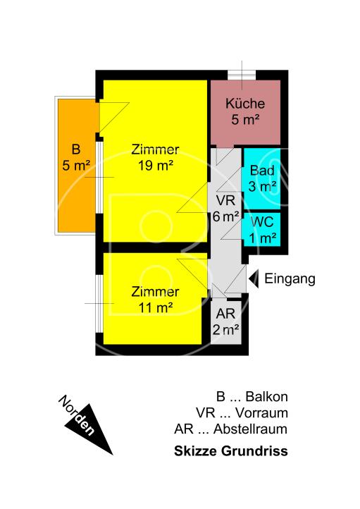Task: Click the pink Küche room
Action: (x=245, y=112)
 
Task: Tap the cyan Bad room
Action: (x=262, y=178)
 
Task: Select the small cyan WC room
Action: (x=262, y=229)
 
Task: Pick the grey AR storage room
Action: (x=226, y=321)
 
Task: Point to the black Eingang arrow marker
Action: (x=255, y=279)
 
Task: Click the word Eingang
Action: (x=290, y=279)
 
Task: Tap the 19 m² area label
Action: (x=156, y=166)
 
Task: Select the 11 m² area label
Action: (x=156, y=307)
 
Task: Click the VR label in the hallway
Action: (x=226, y=201)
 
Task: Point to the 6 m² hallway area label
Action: (x=226, y=216)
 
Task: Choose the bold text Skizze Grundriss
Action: (x=231, y=452)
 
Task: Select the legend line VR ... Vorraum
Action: (x=242, y=413)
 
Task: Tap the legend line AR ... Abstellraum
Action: (x=231, y=429)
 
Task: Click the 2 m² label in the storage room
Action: (x=226, y=329)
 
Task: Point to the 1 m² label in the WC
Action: (x=262, y=238)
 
